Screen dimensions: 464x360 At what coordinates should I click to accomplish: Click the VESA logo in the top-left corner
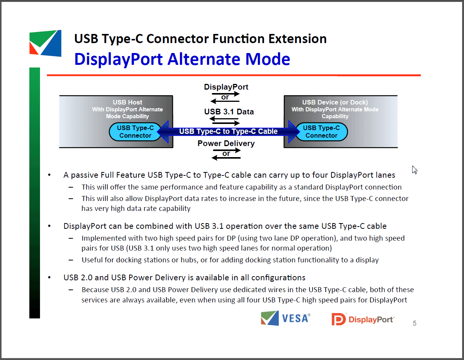click(45, 43)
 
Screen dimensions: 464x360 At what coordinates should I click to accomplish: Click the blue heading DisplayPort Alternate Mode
click(182, 59)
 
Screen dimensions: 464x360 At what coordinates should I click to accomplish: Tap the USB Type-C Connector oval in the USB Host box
click(135, 132)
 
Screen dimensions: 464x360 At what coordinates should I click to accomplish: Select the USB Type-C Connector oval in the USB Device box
click(322, 132)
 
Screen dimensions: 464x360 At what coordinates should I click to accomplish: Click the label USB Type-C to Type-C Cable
click(228, 131)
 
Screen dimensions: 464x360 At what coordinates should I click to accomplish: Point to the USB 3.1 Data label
click(229, 112)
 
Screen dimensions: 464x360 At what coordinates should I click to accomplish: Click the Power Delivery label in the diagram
click(226, 143)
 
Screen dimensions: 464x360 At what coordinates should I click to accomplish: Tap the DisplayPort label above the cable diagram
click(226, 87)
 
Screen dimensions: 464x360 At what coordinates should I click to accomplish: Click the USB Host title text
click(128, 102)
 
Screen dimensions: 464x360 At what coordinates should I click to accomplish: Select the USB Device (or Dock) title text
click(335, 102)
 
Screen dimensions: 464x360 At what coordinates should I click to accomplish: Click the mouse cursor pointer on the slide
click(414, 170)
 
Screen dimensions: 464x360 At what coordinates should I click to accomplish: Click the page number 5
click(414, 323)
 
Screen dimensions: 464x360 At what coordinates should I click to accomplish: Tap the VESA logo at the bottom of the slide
click(285, 318)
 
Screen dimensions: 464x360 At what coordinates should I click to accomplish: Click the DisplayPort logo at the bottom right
click(363, 319)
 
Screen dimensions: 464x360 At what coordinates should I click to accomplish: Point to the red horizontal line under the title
click(234, 75)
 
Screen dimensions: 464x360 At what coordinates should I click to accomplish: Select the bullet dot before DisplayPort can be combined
click(49, 226)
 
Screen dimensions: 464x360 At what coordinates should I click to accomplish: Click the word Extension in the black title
click(298, 39)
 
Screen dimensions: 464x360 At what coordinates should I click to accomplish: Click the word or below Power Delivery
click(226, 153)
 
